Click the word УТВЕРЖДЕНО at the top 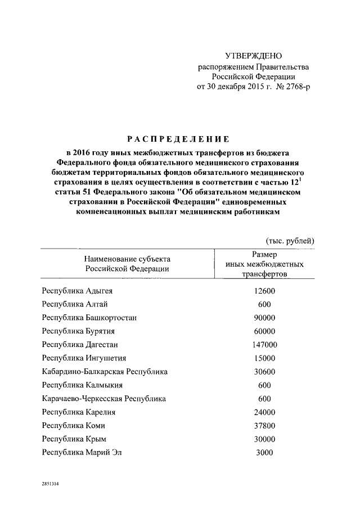click(x=253, y=56)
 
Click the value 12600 click(x=264, y=291)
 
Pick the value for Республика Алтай click(x=264, y=304)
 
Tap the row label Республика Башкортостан click(x=89, y=318)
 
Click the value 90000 click(x=264, y=318)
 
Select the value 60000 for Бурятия click(x=264, y=331)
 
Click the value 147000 click(x=264, y=345)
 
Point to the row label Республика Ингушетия click(x=84, y=358)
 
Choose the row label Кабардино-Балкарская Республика click(x=105, y=372)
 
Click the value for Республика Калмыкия click(x=264, y=385)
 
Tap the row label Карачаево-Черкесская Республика click(x=104, y=399)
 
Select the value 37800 click(x=264, y=426)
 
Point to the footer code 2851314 click(x=49, y=483)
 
